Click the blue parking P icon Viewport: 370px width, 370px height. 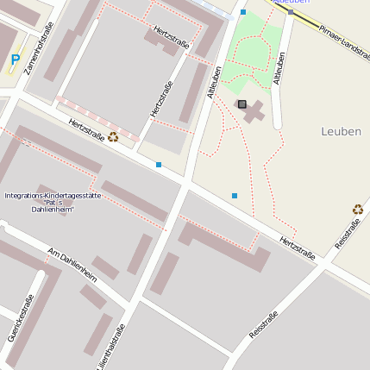[x=15, y=60]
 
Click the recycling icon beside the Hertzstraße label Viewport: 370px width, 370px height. [x=113, y=136]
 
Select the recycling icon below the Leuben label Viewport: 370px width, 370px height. [x=358, y=209]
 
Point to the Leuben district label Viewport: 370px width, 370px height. [x=341, y=131]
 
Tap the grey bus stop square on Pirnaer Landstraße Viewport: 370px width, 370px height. [x=291, y=11]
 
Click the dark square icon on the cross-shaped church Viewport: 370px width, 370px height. [x=241, y=104]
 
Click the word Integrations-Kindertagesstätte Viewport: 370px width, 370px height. [x=53, y=196]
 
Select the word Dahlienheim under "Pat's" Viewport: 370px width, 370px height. [x=53, y=210]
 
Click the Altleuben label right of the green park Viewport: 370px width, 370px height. [x=279, y=68]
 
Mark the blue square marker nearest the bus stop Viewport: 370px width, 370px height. [x=243, y=12]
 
